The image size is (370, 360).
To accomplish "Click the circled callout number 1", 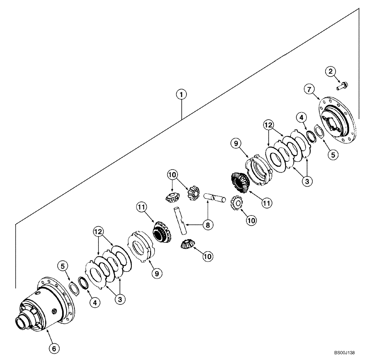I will tap(181, 95).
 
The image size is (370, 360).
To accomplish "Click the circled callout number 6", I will tap(54, 349).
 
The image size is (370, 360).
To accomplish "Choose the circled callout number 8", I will tap(207, 225).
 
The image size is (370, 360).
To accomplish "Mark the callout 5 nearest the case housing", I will tap(62, 266).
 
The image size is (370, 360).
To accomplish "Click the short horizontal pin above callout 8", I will tap(215, 197).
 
